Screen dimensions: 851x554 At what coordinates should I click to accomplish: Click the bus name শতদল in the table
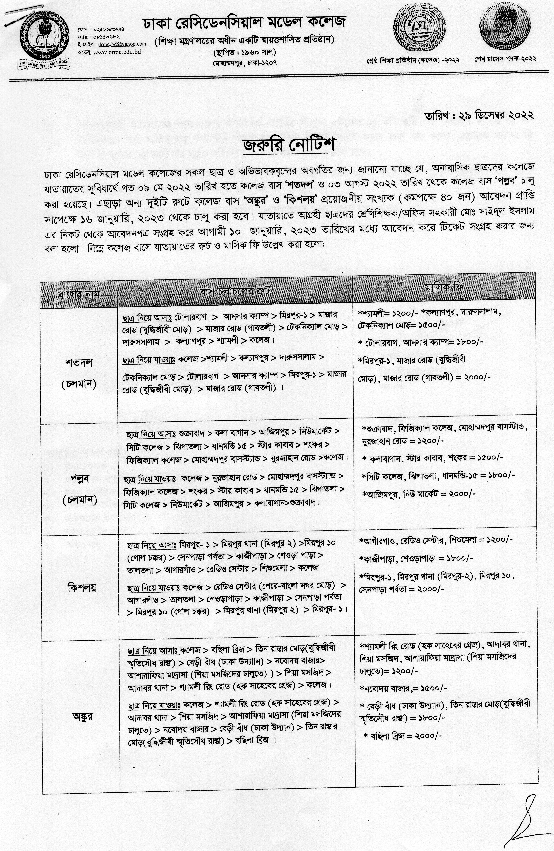[79, 363]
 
